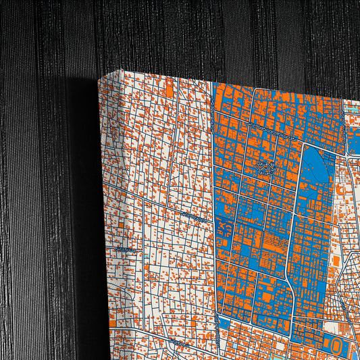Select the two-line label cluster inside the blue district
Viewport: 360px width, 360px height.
click(x=265, y=166)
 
